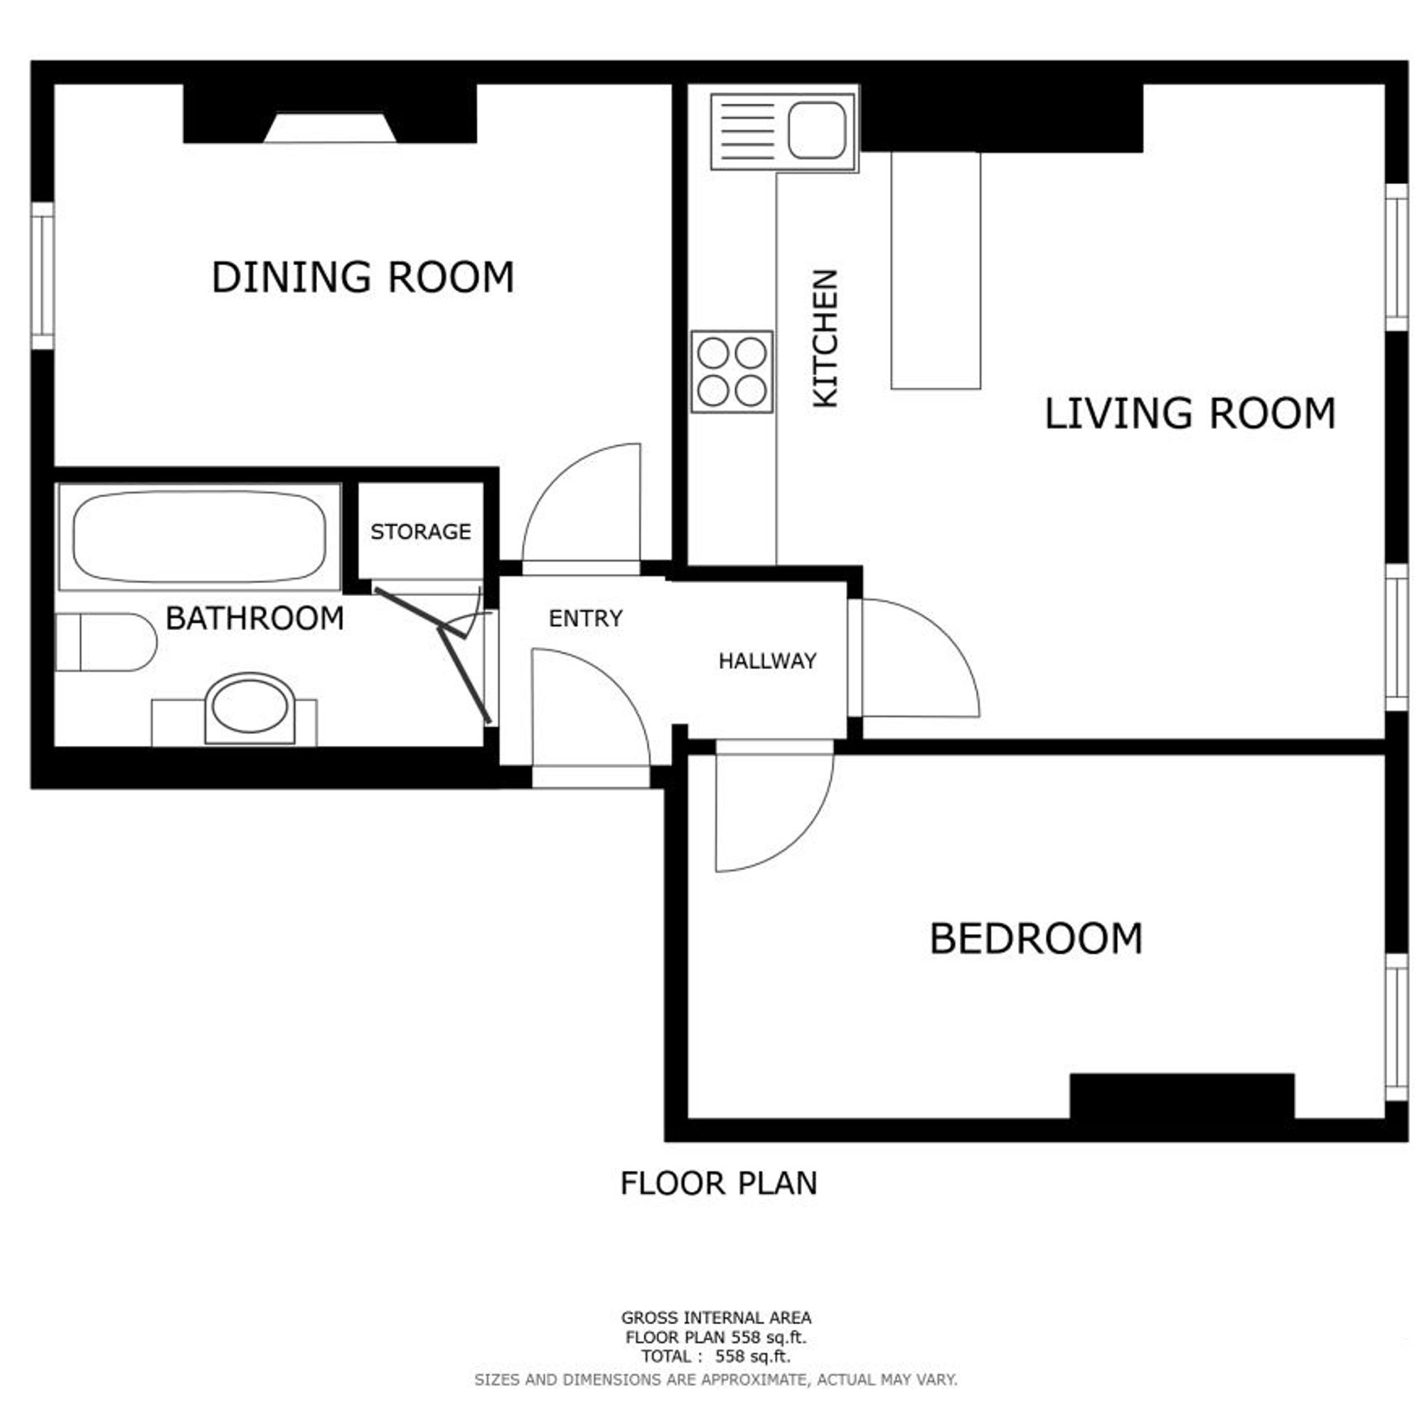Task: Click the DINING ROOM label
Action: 362,277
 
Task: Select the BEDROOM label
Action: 1036,939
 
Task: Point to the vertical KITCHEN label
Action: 825,338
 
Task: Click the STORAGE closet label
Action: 420,531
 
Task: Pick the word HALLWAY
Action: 767,661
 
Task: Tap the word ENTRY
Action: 586,618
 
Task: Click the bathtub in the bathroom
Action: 199,536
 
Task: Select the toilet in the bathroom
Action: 107,642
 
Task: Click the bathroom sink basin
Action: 250,707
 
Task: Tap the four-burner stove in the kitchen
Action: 732,372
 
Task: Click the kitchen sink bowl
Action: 816,130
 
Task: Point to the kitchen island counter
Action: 936,270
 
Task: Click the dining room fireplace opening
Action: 331,127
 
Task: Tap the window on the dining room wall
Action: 43,276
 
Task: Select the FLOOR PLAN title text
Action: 719,1184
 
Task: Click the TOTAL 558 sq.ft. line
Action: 715,1356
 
